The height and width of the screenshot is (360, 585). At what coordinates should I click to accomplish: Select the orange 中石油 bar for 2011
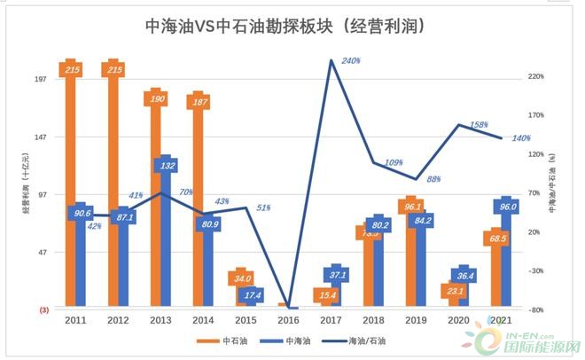tap(73, 177)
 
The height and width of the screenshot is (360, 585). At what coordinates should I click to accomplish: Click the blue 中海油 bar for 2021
tap(508, 257)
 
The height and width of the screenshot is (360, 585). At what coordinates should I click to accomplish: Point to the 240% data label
tap(350, 60)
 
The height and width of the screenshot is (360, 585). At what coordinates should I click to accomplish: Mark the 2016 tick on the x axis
tap(289, 320)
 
